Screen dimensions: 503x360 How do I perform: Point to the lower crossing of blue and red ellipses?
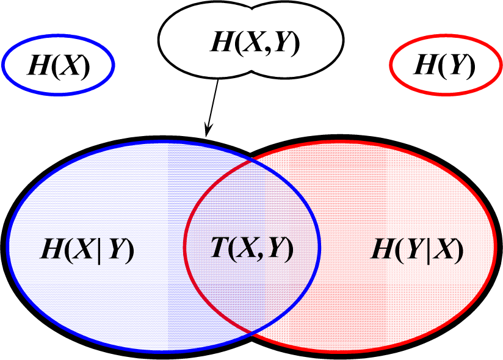point(251,333)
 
